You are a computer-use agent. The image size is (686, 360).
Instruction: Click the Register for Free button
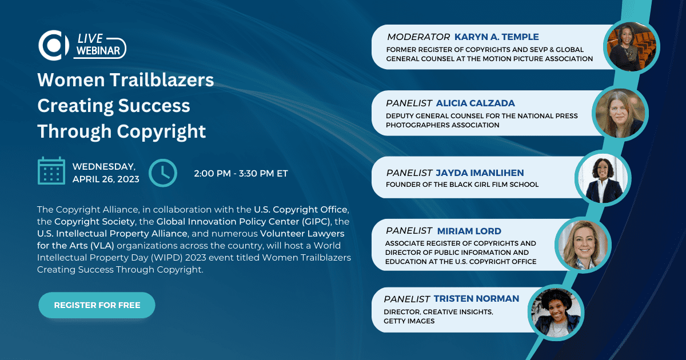[97, 305]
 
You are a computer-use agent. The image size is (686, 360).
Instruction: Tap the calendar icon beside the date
[51, 171]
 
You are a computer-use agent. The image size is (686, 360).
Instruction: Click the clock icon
[163, 173]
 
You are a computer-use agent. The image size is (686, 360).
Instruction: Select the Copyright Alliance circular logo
[54, 45]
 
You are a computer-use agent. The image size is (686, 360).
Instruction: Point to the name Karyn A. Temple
[496, 37]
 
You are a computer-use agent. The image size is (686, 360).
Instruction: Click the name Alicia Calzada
[475, 103]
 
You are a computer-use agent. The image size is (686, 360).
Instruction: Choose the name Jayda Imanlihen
[480, 173]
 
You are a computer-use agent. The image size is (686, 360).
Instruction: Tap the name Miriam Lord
[469, 231]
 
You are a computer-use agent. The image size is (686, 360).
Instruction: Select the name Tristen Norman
[476, 299]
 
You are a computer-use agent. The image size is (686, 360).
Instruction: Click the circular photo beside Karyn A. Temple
[632, 47]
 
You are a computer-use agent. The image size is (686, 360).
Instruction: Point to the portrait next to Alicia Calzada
[620, 113]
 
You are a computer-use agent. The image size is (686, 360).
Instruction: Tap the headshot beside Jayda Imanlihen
[603, 178]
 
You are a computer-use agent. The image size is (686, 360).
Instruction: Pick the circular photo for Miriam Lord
[583, 245]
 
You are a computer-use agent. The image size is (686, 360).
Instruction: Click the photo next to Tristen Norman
[556, 313]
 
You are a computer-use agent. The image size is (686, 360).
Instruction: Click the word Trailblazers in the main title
[162, 80]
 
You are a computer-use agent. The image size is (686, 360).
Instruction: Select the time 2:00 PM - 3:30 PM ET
[241, 174]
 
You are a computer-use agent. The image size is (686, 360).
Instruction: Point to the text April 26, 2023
[106, 179]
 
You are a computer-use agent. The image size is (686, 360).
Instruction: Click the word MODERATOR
[418, 37]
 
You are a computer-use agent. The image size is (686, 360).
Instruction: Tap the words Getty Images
[409, 321]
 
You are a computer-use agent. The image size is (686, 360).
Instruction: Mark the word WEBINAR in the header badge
[98, 50]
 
